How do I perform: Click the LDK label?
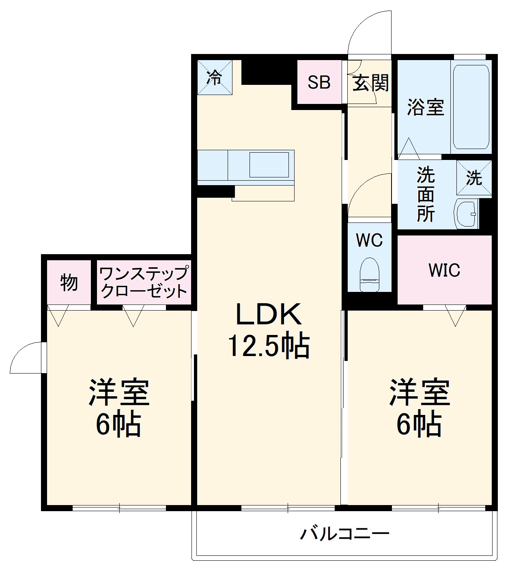269,315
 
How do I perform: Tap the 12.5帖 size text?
269,346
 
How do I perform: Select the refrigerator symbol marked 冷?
215,77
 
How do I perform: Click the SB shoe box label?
319,82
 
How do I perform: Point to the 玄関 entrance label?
370,83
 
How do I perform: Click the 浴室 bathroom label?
426,107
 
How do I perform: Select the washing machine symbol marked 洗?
474,178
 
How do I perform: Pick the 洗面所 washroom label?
426,195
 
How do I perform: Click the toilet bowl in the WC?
370,274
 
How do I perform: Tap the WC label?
369,240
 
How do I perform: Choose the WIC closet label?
444,270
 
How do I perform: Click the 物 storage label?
69,282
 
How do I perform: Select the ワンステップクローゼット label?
144,282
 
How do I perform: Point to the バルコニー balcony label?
344,533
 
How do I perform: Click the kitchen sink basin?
269,164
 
